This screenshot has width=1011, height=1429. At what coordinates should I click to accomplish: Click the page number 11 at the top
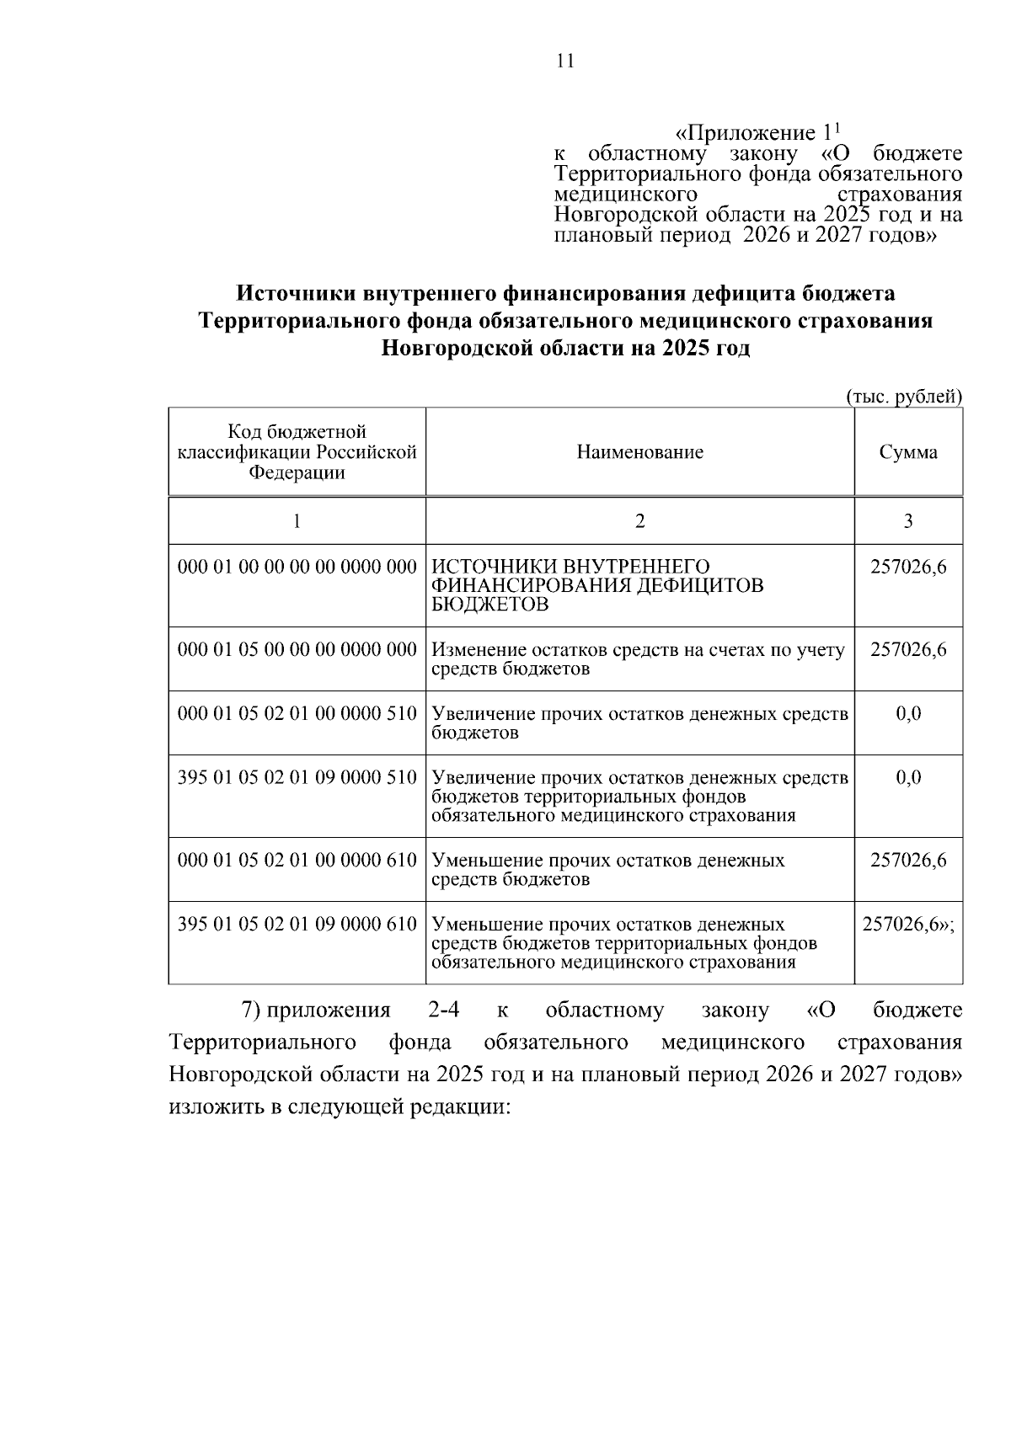(565, 61)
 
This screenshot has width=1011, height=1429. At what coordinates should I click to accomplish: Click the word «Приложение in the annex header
(746, 134)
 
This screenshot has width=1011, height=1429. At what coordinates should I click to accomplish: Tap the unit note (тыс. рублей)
(904, 397)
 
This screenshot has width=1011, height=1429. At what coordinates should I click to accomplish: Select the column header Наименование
(639, 453)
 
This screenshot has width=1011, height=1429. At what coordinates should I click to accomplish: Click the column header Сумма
(908, 453)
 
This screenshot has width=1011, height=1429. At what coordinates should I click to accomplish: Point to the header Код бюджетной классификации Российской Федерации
(297, 452)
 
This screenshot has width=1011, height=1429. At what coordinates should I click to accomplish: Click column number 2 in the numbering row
(639, 521)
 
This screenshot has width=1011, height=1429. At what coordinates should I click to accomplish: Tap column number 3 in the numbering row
(908, 521)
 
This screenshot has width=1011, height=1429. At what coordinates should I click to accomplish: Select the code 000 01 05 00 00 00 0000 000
(297, 650)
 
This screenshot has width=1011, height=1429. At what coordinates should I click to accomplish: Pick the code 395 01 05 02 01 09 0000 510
(297, 777)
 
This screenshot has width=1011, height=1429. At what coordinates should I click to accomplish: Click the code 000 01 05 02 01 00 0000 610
(297, 861)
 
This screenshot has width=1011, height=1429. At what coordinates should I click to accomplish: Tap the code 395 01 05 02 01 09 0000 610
(297, 925)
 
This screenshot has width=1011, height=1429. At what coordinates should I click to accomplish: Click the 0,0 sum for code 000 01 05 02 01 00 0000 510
(908, 714)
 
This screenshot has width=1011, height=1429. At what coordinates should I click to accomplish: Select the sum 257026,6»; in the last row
(908, 925)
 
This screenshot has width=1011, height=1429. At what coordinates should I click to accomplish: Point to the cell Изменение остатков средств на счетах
(638, 659)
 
